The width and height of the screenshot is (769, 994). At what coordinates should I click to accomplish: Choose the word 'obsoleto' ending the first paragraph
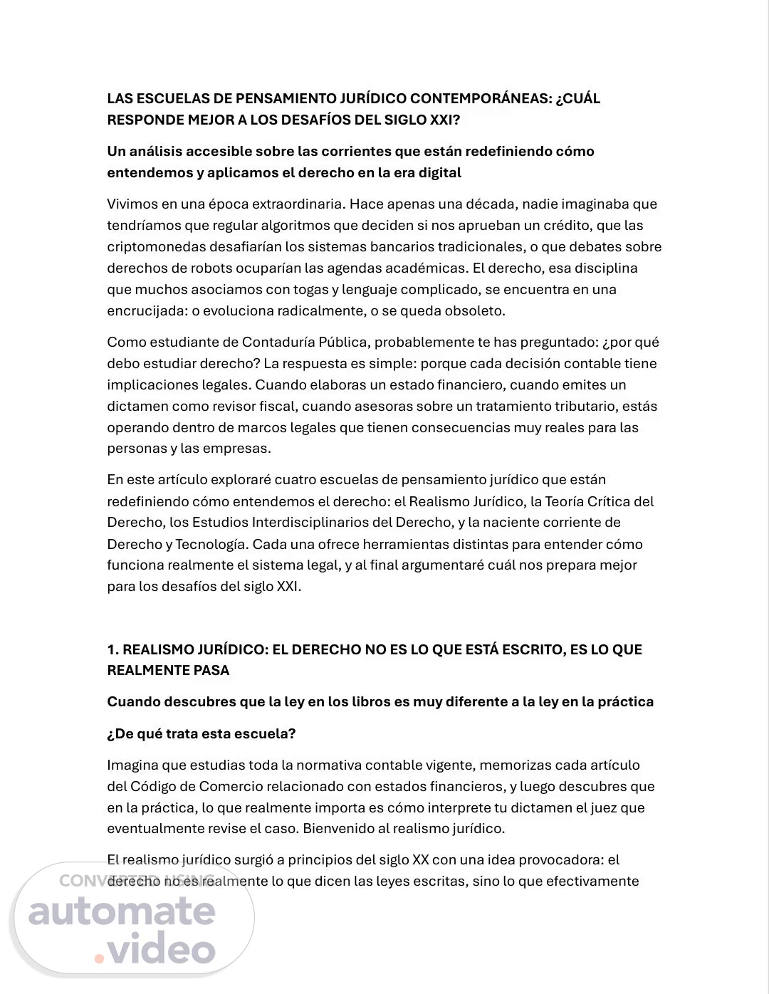coord(478,311)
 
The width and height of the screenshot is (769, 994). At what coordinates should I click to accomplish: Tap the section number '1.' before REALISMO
coord(113,649)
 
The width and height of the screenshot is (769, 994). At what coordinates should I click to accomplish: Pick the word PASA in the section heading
coord(211,670)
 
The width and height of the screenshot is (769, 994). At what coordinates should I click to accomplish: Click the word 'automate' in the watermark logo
coord(122,912)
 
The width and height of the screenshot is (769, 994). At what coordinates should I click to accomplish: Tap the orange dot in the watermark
coord(99,958)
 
